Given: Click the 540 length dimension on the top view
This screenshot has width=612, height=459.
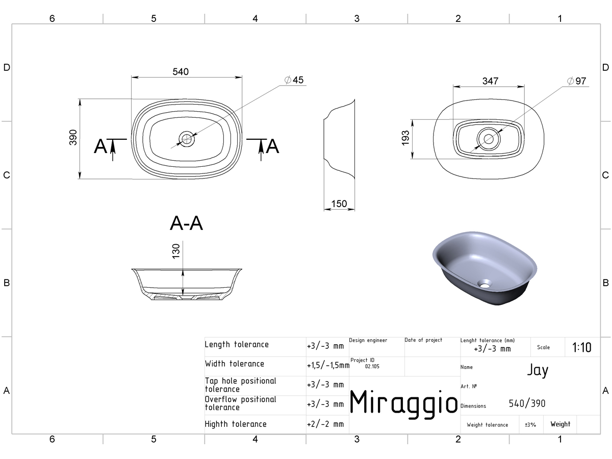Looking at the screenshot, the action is pyautogui.click(x=181, y=72).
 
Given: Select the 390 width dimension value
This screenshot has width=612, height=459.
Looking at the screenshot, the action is pyautogui.click(x=73, y=137).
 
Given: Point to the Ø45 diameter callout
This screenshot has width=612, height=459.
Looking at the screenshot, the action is pyautogui.click(x=294, y=80).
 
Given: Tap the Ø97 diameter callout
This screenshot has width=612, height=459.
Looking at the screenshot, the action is pyautogui.click(x=577, y=81).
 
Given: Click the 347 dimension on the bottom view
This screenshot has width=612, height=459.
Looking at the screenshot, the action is pyautogui.click(x=490, y=81).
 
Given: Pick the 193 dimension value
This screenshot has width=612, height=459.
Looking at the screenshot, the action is pyautogui.click(x=405, y=138).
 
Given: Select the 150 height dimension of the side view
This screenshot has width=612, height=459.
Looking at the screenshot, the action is pyautogui.click(x=339, y=203).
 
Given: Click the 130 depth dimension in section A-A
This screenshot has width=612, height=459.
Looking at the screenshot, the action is pyautogui.click(x=176, y=251).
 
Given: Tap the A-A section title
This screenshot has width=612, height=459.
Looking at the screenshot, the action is pyautogui.click(x=186, y=223).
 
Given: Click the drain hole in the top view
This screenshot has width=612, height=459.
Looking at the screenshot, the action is pyautogui.click(x=187, y=139).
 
